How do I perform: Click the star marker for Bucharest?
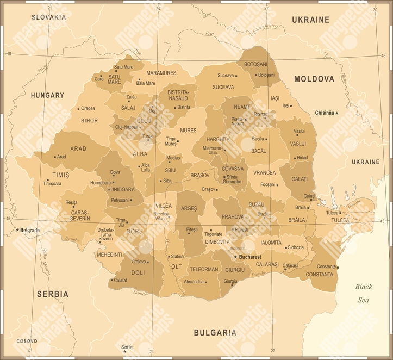[235, 256]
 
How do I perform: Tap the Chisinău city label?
[325, 113]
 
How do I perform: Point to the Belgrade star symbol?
[17, 230]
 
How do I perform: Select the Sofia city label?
[127, 346]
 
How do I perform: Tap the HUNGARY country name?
[47, 95]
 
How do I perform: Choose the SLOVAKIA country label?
[48, 17]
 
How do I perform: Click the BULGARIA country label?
[215, 332]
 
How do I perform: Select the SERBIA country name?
[53, 294]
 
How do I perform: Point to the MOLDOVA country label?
[314, 79]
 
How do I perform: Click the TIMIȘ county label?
[60, 175]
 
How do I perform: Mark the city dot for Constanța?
[338, 267]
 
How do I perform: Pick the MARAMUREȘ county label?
[161, 73]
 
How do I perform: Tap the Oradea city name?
[88, 108]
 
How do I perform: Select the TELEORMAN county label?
[204, 269]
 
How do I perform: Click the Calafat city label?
[120, 280]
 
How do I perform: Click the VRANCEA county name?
[264, 173]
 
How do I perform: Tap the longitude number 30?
[375, 9]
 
